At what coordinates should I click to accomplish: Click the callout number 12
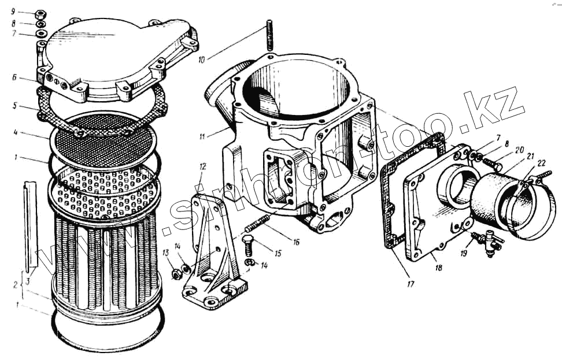pyautogui.click(x=202, y=167)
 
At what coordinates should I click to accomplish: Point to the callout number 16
pyautogui.click(x=296, y=242)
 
